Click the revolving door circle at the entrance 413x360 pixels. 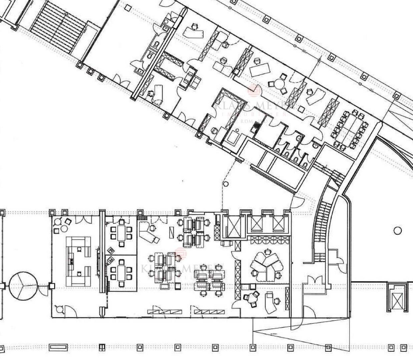pos(22,285)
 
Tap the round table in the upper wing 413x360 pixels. pos(279,83)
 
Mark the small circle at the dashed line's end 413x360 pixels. pos(226,184)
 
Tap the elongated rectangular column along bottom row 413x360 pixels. pos(58,348)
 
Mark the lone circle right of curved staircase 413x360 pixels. pos(397,230)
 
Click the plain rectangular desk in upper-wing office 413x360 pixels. pos(260,69)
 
